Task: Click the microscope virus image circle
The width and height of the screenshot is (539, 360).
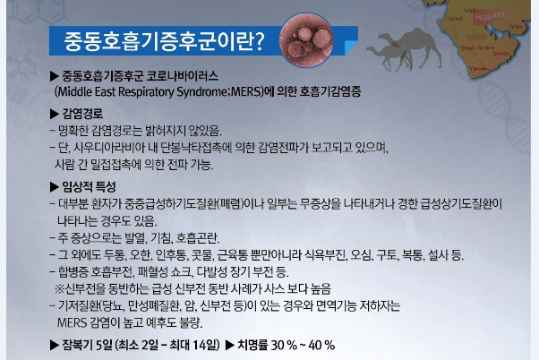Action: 305,40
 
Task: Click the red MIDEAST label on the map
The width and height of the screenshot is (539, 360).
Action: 491,16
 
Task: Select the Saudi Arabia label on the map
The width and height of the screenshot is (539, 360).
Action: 477,47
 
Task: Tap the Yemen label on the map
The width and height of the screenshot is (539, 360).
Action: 478,68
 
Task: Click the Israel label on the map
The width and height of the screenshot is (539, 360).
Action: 455,18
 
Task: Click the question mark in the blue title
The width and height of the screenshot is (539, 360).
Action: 260,40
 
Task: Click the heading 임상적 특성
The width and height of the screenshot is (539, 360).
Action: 89,186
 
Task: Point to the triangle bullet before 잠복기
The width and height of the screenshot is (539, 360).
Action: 55,345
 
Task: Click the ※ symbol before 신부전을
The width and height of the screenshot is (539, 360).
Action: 60,288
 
